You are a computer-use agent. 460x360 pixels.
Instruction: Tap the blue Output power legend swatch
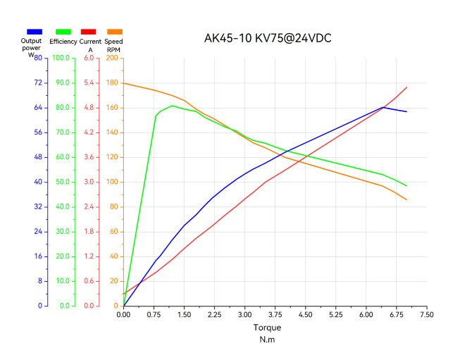[x=34, y=32]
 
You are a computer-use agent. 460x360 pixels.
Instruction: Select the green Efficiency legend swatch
[x=63, y=32]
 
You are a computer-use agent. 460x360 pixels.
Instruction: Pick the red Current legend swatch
[x=89, y=32]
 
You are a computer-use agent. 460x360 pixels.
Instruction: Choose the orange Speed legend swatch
[x=114, y=32]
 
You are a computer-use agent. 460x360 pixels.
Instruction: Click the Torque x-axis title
[x=267, y=328]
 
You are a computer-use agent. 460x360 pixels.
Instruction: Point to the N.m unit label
[x=267, y=340]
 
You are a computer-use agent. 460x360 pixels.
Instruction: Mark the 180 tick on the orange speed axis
[x=111, y=83]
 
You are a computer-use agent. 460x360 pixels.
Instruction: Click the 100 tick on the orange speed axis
[x=111, y=182]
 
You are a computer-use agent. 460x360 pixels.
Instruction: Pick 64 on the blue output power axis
[x=37, y=108]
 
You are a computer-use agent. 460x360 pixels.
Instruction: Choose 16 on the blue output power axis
[x=37, y=256]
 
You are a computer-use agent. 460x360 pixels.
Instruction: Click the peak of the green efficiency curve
[x=172, y=106]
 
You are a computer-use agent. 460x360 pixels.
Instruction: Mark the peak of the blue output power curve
[x=383, y=107]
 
